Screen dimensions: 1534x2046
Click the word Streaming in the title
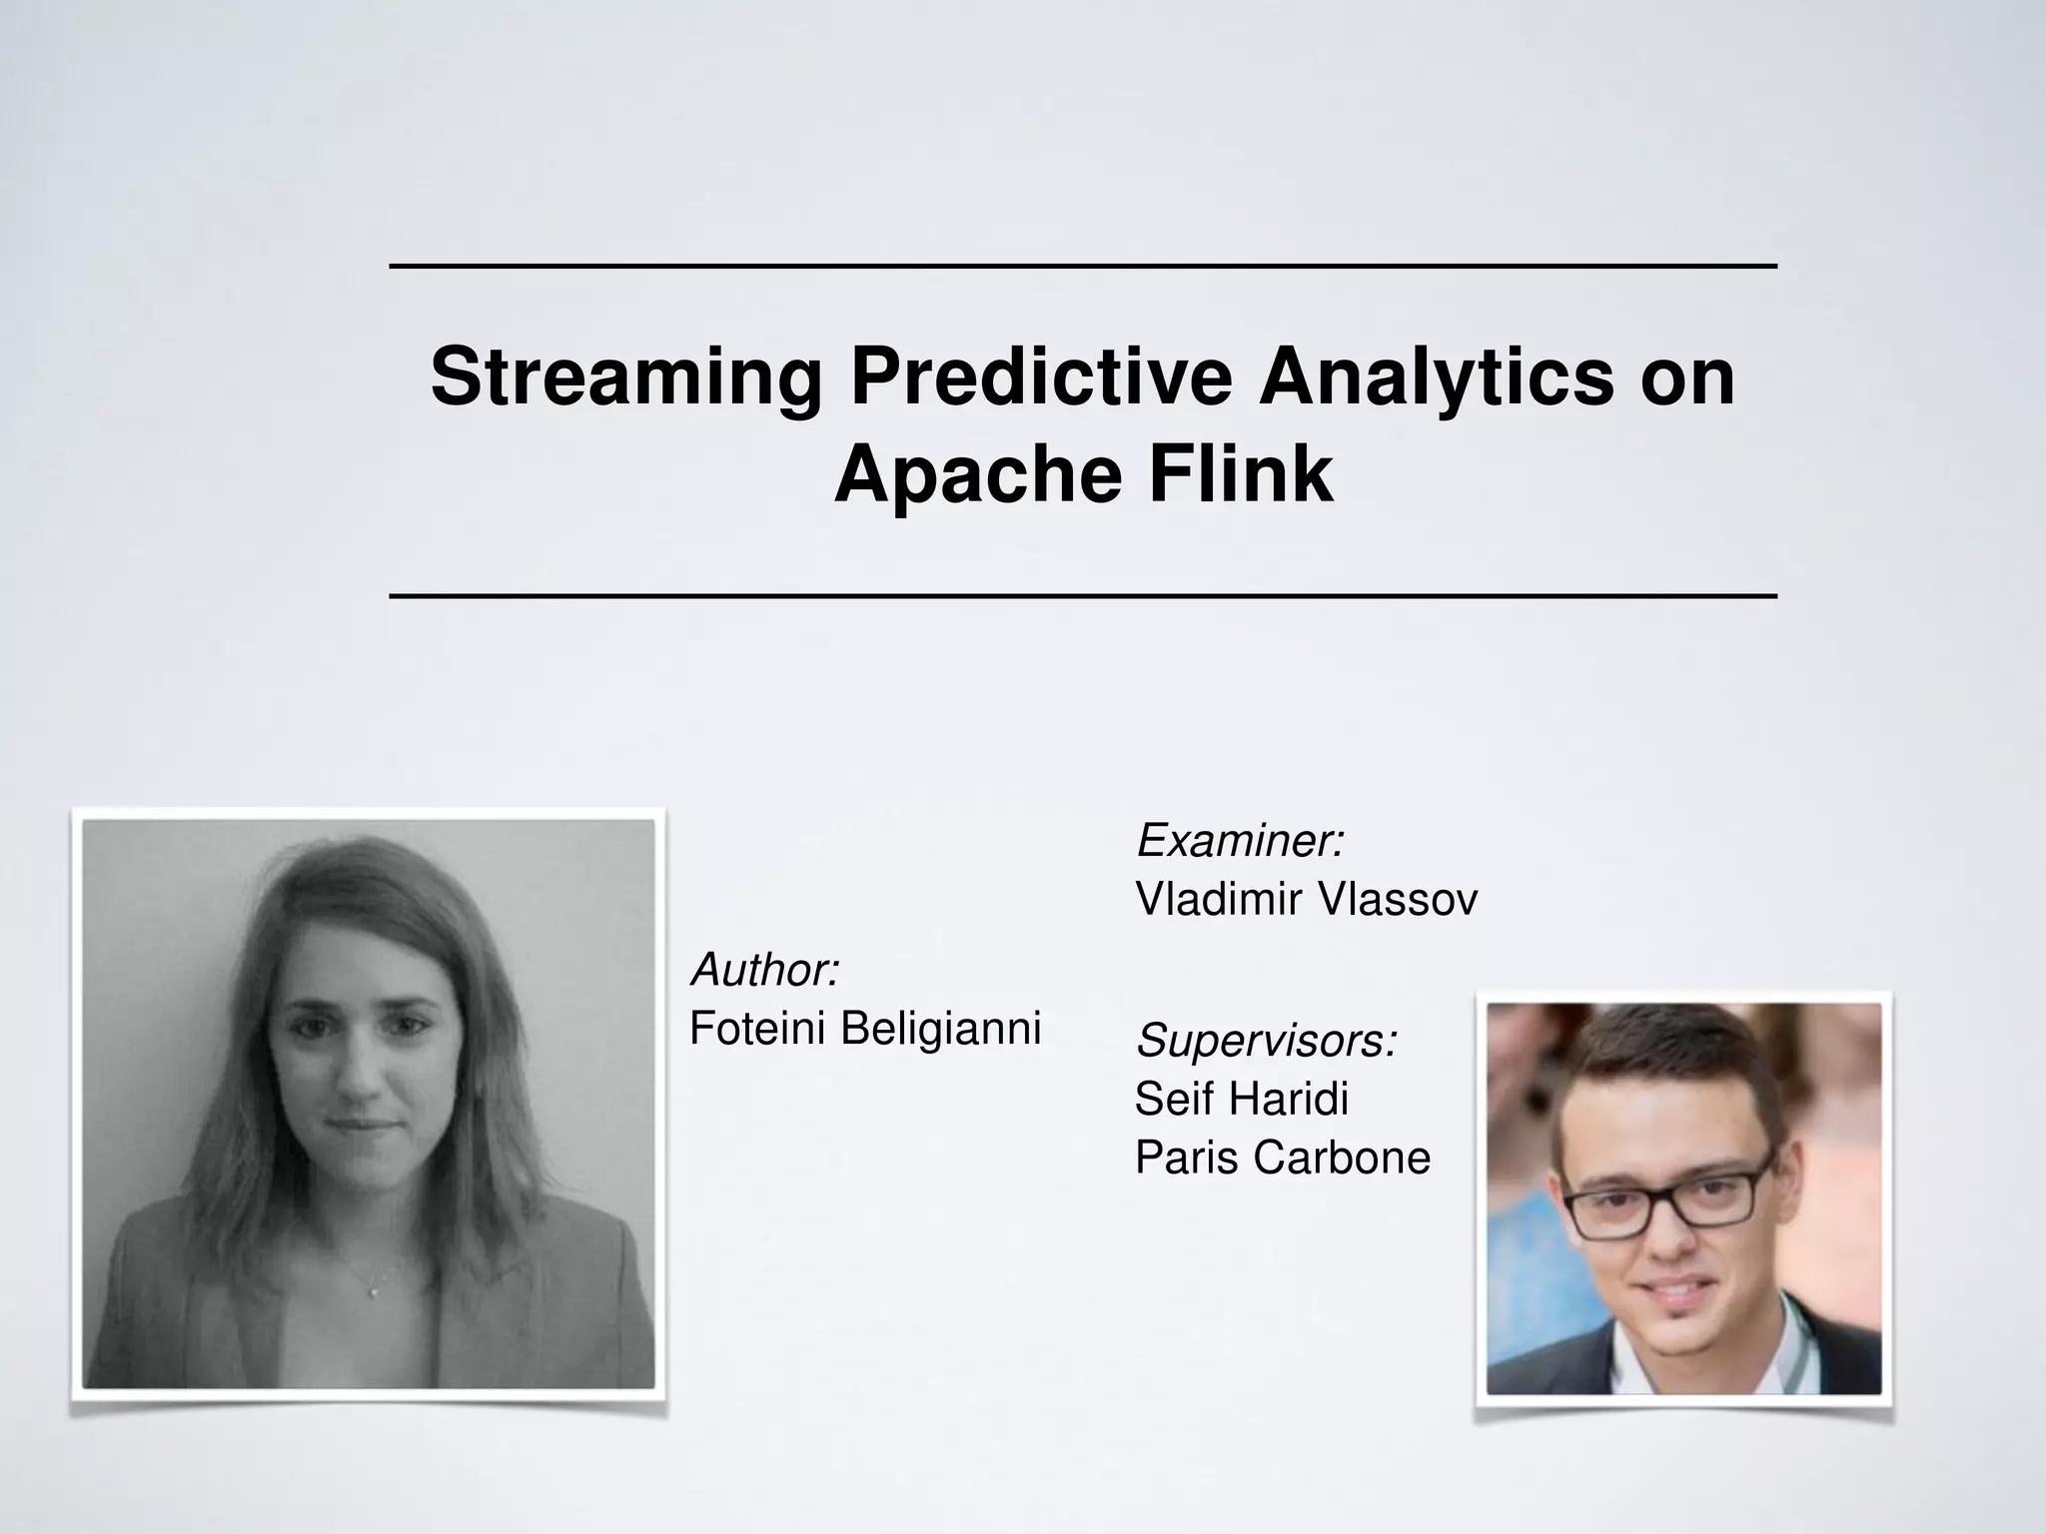click(x=626, y=378)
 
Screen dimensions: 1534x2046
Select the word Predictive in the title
click(x=1040, y=378)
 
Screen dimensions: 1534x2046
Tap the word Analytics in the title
click(x=1436, y=378)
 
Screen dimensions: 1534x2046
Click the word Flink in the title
click(x=1240, y=474)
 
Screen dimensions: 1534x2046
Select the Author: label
click(x=765, y=970)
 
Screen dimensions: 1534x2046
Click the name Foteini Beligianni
click(x=865, y=1028)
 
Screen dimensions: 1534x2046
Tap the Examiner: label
click(x=1241, y=841)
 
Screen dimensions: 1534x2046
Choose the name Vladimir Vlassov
click(x=1306, y=900)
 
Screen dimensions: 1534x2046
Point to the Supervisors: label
click(x=1267, y=1041)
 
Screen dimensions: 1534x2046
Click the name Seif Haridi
click(x=1242, y=1100)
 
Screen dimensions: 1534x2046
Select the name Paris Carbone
click(x=1283, y=1158)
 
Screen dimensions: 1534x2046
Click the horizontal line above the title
click(x=1083, y=267)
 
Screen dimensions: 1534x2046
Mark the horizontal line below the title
click(x=1083, y=596)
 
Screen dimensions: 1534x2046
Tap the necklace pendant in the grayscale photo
click(x=374, y=1292)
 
